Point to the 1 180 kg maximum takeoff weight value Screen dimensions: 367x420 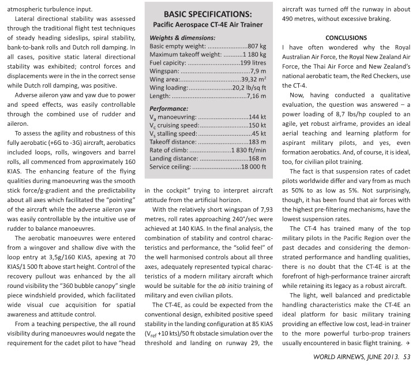tap(252, 54)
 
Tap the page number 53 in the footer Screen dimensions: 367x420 tap(409, 357)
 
